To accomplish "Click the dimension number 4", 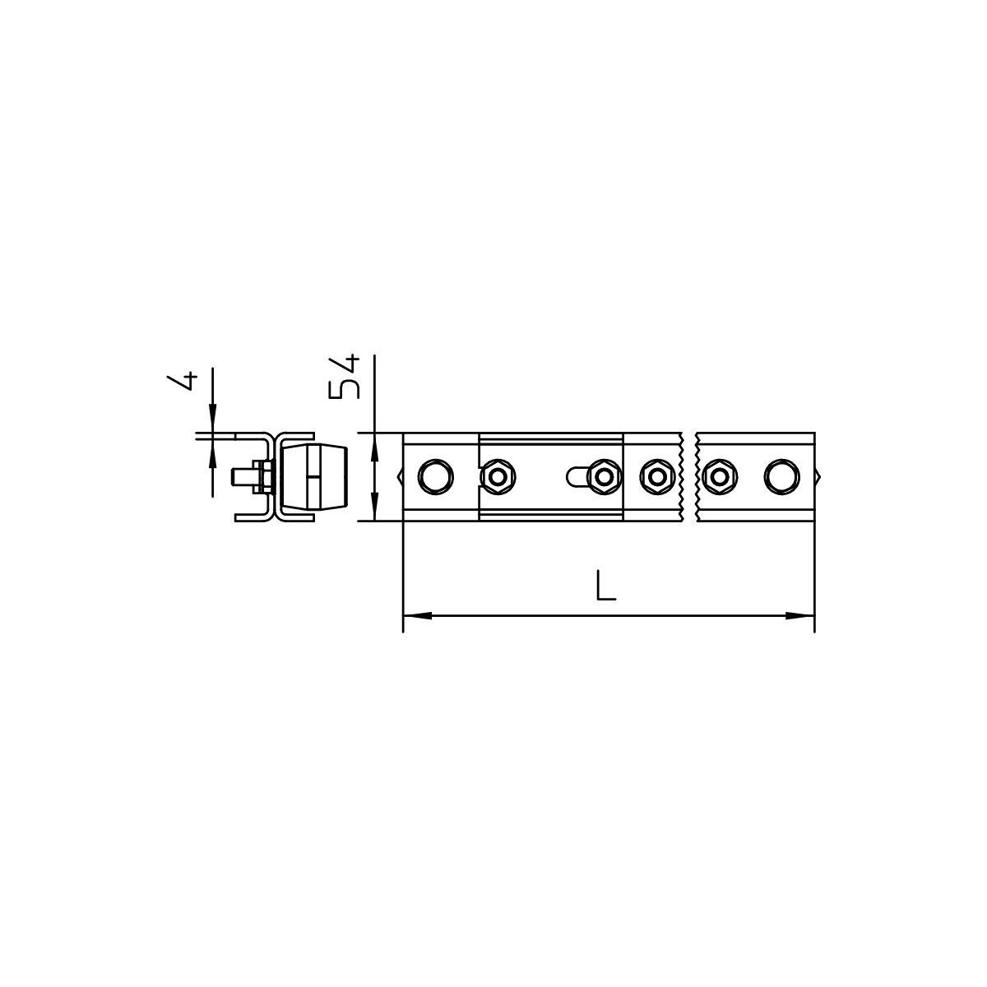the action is click(x=183, y=382).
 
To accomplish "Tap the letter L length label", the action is click(x=606, y=586).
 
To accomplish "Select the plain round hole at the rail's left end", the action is click(x=435, y=477).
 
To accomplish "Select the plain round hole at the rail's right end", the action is click(x=781, y=477).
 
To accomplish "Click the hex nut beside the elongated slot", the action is click(x=605, y=477).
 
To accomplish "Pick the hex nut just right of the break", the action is click(x=720, y=477).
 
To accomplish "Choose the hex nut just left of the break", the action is click(x=656, y=477).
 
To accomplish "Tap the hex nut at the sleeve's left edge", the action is click(x=498, y=477).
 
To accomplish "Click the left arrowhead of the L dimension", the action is click(x=417, y=615).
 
